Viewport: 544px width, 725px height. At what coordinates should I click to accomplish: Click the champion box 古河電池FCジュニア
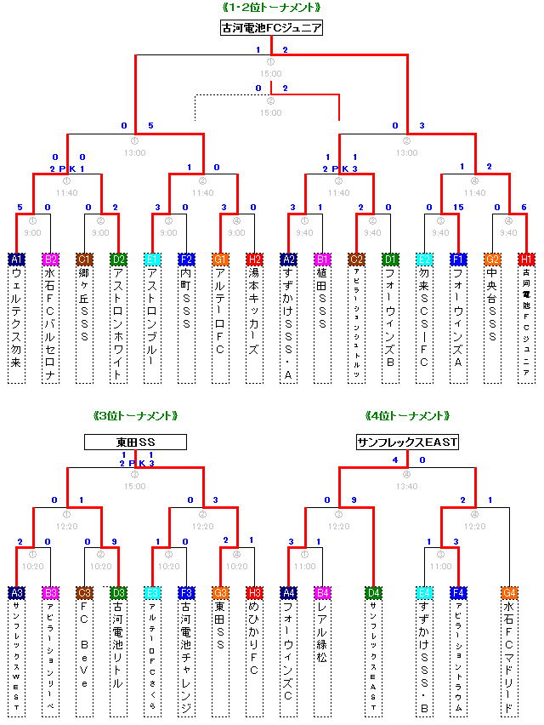pos(271,28)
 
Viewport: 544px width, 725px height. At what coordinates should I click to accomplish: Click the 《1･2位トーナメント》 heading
pos(271,8)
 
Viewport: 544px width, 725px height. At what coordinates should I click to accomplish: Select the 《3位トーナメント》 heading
pos(135,416)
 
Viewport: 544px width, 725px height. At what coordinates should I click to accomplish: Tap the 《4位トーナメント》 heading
pos(407,416)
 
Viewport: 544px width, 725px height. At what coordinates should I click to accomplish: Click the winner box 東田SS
pos(135,442)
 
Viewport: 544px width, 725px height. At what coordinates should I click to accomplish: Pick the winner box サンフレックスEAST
pos(407,442)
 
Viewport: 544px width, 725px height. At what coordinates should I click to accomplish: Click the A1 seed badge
pos(17,259)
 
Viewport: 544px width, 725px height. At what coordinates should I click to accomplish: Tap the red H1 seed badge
pos(527,259)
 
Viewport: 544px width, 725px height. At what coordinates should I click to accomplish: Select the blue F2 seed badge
pos(187,259)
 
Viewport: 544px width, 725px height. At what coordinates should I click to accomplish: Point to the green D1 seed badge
pos(391,259)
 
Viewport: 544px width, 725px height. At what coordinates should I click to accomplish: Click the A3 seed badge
pos(17,592)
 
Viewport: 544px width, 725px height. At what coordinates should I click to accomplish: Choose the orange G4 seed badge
pos(510,592)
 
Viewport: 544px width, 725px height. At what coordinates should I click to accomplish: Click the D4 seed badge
pos(374,592)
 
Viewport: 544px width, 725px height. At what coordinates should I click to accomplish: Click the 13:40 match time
pos(407,486)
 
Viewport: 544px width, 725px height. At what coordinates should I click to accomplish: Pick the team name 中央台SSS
pos(493,306)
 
